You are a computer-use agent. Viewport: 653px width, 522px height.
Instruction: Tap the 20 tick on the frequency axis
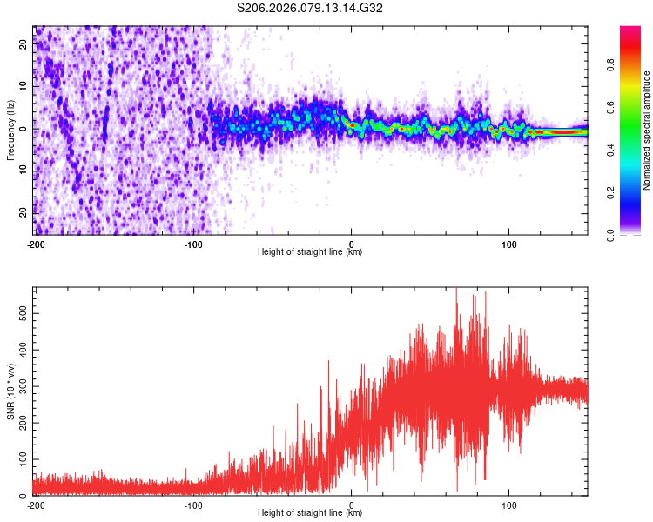coord(24,46)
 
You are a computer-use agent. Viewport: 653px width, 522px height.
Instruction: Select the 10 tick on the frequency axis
coord(24,88)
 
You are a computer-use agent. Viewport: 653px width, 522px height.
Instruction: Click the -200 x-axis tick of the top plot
coord(36,243)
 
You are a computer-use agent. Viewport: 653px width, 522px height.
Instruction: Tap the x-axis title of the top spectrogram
coord(310,252)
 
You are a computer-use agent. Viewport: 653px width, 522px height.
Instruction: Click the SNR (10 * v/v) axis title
coord(10,391)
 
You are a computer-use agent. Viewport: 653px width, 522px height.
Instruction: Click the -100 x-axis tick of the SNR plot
coord(193,505)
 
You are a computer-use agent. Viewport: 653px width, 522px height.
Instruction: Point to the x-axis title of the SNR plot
coord(310,514)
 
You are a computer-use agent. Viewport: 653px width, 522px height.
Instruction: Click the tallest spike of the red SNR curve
coord(456,290)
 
